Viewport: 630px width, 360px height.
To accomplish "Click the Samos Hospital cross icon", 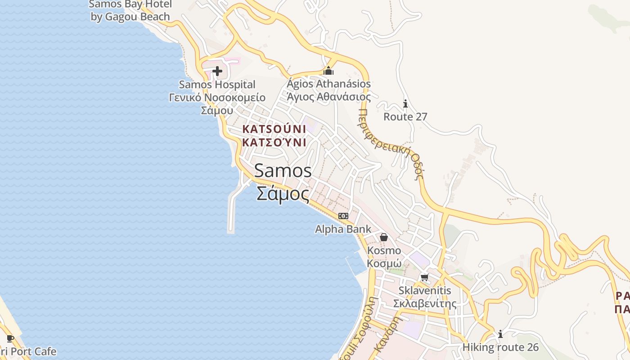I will pos(217,71).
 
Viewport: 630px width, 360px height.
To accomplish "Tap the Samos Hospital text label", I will pos(217,85).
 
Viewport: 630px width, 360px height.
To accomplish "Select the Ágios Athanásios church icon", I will pos(329,71).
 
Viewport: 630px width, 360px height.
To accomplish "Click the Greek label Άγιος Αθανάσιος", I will pos(329,97).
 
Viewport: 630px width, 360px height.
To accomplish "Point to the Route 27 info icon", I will pos(405,104).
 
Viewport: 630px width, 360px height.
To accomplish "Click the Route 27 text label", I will pos(405,117).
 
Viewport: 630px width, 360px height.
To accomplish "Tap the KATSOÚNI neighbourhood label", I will pos(274,129).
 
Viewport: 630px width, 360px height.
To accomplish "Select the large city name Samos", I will pos(283,171).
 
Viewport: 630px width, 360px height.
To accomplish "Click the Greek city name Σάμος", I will pos(283,194).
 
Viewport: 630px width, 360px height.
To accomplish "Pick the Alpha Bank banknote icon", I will pos(343,216).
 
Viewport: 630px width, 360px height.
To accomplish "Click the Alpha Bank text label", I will pos(343,229).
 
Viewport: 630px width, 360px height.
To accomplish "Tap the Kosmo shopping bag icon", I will pos(384,237).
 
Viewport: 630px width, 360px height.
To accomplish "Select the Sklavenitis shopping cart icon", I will pos(424,277).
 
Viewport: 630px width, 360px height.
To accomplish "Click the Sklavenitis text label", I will pos(424,291).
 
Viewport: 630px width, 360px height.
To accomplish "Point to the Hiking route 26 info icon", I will pos(500,334).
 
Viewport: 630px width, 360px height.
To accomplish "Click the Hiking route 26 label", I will pos(500,347).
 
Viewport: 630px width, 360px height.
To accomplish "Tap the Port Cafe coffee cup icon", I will pos(10,338).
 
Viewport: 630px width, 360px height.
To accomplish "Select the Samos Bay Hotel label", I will pos(130,10).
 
